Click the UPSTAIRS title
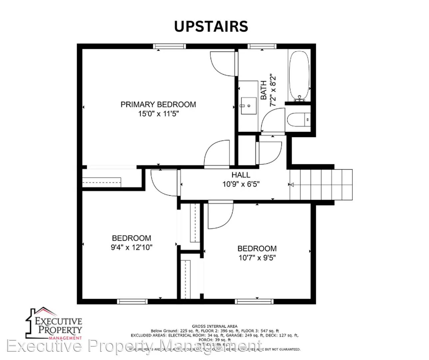point(211,27)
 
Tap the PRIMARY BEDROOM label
point(158,105)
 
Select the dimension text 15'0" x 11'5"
point(158,114)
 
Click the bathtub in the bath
point(299,76)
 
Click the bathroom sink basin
point(248,106)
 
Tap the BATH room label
point(263,90)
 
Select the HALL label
point(241,175)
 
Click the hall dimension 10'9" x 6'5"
point(241,184)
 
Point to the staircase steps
point(321,185)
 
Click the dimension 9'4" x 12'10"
point(132,247)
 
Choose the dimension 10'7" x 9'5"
point(257,258)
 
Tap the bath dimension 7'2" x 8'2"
point(273,90)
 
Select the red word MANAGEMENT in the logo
point(65,338)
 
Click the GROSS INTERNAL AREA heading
point(214,326)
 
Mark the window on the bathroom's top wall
point(262,46)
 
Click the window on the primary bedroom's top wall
point(169,46)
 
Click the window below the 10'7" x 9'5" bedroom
point(254,302)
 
